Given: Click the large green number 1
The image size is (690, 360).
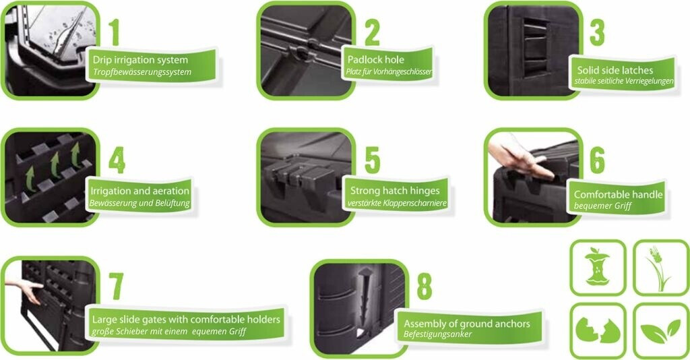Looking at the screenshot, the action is tap(114, 32).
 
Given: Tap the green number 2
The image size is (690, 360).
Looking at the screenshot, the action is tap(372, 32).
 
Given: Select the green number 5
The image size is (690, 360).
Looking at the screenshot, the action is tap(372, 160).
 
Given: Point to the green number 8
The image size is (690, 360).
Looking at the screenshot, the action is tap(425, 287).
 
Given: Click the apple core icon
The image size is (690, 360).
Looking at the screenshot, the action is tap(597, 267).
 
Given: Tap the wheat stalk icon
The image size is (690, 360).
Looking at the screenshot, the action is tap(659, 268).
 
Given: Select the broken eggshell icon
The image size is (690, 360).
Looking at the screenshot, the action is tap(597, 330).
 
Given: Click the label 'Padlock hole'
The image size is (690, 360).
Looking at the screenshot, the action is tap(376, 59).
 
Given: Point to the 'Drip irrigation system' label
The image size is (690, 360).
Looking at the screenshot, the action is tap(140, 60).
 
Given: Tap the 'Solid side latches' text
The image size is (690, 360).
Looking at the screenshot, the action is tap(615, 70).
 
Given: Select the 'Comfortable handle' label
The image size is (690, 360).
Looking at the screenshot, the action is tap(618, 195).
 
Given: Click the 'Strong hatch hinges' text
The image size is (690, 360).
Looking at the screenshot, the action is tap(395, 191).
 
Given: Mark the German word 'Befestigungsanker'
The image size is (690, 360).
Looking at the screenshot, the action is tap(437, 334).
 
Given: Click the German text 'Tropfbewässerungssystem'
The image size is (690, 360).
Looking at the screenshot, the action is tap(142, 71).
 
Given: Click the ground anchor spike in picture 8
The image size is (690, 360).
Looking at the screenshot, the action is tap(364, 299).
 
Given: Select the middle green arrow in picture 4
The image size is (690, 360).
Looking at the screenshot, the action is tap(55, 164).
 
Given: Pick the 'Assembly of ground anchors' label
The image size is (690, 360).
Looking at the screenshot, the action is tap(466, 324).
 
